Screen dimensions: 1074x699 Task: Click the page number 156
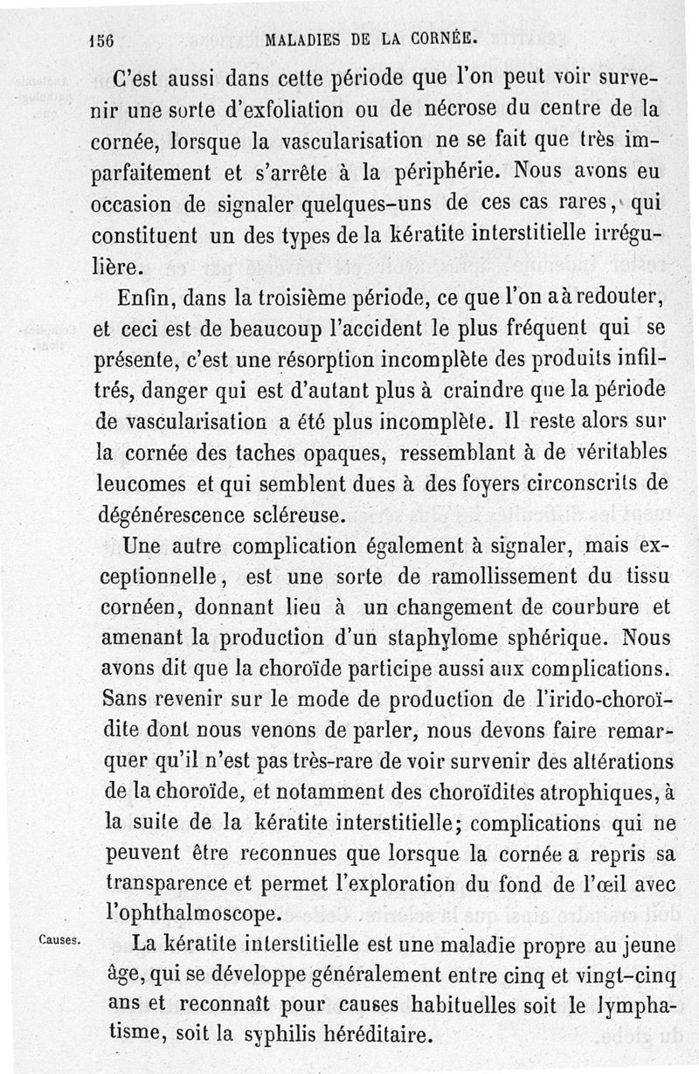pos(102,39)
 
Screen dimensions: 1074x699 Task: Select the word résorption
pos(306,359)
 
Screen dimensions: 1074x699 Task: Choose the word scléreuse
pos(299,514)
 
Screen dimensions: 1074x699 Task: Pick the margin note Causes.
pos(60,940)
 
